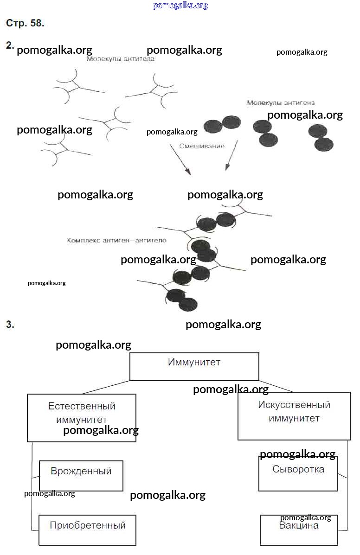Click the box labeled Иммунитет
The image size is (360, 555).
pos(194,366)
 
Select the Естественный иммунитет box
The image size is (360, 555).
pos(82,417)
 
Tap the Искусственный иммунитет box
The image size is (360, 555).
pos(294,416)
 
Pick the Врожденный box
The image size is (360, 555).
pos(81,475)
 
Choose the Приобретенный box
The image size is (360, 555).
pos(87,529)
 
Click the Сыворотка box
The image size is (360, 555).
pos(298,473)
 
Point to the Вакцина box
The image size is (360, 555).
pos(299,529)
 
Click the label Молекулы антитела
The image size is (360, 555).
pos(121,59)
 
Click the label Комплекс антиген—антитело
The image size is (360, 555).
pos(116,241)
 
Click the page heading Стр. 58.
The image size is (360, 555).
pos(25,23)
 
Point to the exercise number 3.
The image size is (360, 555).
pos(10,325)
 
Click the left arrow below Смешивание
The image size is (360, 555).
pos(180,159)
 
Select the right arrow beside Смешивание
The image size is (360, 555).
pos(231,155)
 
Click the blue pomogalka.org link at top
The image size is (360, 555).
pos(180,6)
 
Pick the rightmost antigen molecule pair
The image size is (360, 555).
pos(321,138)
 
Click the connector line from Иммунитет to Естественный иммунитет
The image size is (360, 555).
pos(104,387)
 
